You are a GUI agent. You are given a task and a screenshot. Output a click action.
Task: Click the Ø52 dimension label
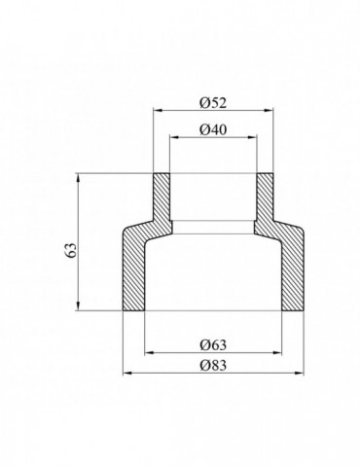[x=213, y=102]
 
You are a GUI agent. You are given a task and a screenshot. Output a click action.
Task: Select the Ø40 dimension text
[x=213, y=130]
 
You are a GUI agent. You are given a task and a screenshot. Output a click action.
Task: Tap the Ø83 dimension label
[x=213, y=363]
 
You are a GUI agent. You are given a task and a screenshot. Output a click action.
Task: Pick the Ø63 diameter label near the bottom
[x=213, y=341]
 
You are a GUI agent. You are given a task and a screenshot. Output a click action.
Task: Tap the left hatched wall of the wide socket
[x=134, y=272]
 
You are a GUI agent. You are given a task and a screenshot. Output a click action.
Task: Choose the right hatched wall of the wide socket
[x=291, y=272]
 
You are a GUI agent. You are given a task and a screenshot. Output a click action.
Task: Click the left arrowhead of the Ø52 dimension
[x=155, y=111]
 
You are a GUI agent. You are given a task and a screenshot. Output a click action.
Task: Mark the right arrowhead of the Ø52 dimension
[x=271, y=111]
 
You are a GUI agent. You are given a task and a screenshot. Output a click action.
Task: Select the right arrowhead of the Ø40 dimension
[x=254, y=138]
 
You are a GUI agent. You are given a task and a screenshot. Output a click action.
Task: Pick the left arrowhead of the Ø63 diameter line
[x=147, y=350]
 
